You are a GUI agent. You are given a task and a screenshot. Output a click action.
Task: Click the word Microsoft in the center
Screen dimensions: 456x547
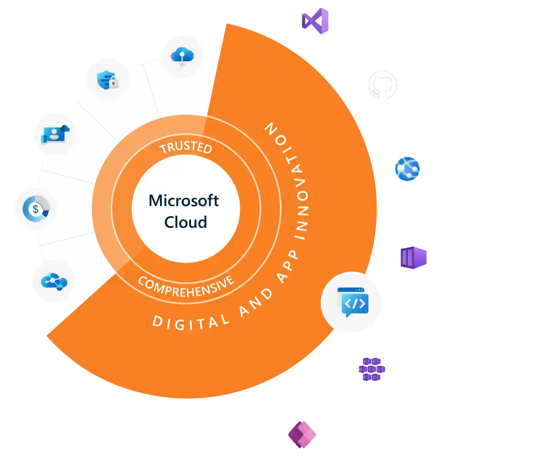pos(184,201)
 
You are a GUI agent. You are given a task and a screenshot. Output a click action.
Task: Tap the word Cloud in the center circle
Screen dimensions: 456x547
pos(186,222)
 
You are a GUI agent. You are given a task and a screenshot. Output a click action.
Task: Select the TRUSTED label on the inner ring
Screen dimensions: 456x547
pos(186,148)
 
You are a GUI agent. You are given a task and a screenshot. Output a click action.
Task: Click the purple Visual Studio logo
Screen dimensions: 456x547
pos(315,21)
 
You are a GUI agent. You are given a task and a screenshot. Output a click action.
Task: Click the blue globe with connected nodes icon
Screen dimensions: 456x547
pos(407,169)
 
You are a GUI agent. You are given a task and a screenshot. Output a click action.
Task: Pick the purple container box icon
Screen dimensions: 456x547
pos(412,258)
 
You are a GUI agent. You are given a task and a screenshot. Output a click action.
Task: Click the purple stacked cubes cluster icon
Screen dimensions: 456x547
pos(372,369)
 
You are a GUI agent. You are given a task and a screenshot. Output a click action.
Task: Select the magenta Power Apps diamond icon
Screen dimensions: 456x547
pos(302,434)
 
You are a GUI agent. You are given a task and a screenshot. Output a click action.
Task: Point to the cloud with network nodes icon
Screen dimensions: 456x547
pos(54,281)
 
